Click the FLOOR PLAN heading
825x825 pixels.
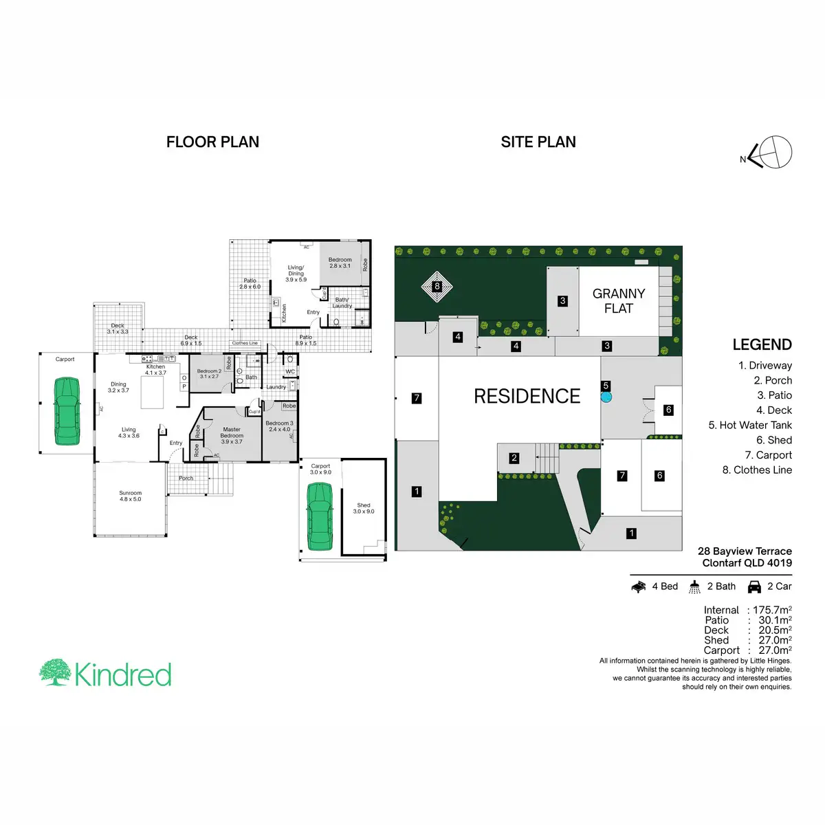click(x=212, y=142)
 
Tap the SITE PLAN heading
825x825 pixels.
click(x=538, y=142)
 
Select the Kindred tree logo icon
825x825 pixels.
click(x=54, y=672)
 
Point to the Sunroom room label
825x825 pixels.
click(x=130, y=496)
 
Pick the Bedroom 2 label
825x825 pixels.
click(x=209, y=373)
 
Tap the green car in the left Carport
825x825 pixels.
click(x=67, y=412)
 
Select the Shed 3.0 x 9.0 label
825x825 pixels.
click(x=364, y=508)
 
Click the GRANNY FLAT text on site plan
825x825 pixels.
click(x=619, y=301)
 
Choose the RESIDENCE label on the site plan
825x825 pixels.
click(x=527, y=396)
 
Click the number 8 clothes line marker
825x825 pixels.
click(x=437, y=286)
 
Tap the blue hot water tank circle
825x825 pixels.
click(x=606, y=397)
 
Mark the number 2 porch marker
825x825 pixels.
click(x=514, y=458)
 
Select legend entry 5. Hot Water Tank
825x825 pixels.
click(x=750, y=425)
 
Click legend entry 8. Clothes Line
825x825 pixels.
click(x=757, y=470)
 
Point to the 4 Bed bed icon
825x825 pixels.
click(x=639, y=586)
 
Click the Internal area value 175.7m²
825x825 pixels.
click(x=772, y=610)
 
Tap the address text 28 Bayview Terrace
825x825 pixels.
click(x=745, y=551)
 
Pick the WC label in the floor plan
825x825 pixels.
click(x=290, y=372)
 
